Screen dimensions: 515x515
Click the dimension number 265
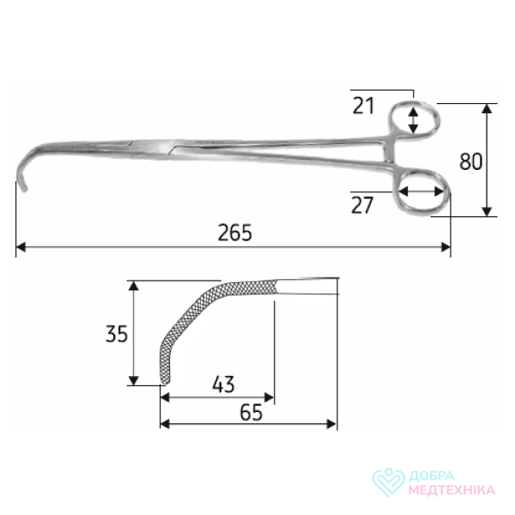click(235, 233)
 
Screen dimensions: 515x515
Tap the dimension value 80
click(470, 161)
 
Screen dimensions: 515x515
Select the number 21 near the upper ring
click(363, 106)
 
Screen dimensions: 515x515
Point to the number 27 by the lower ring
click(362, 205)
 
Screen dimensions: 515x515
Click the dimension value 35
click(117, 334)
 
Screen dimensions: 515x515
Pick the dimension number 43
click(223, 384)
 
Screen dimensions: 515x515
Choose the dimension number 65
click(251, 412)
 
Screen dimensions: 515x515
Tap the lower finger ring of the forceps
click(397, 197)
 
